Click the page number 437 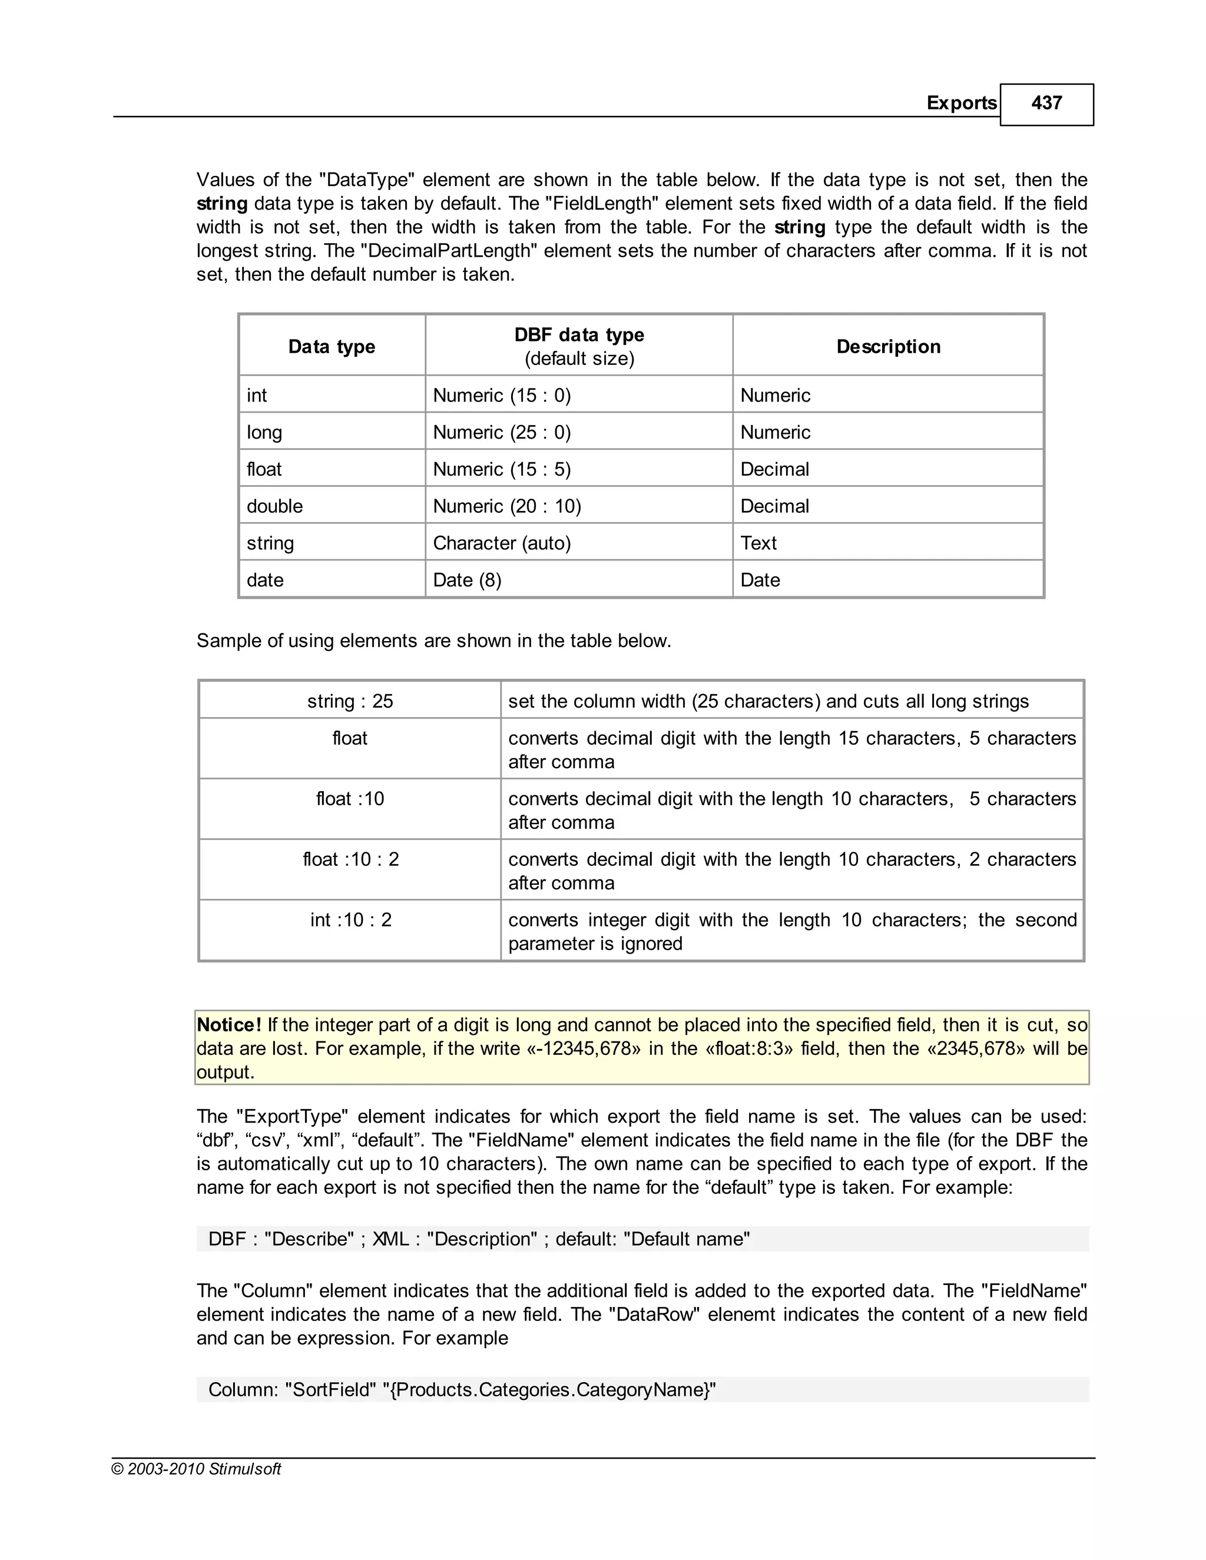1046,103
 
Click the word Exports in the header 961,103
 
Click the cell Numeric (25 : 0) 502,432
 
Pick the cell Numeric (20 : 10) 506,506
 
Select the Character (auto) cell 502,543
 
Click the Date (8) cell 467,580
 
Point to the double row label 274,506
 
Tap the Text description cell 758,543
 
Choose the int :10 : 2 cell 350,920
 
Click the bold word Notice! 228,1025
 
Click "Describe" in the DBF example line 309,1239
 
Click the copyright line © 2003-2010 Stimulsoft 197,1469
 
